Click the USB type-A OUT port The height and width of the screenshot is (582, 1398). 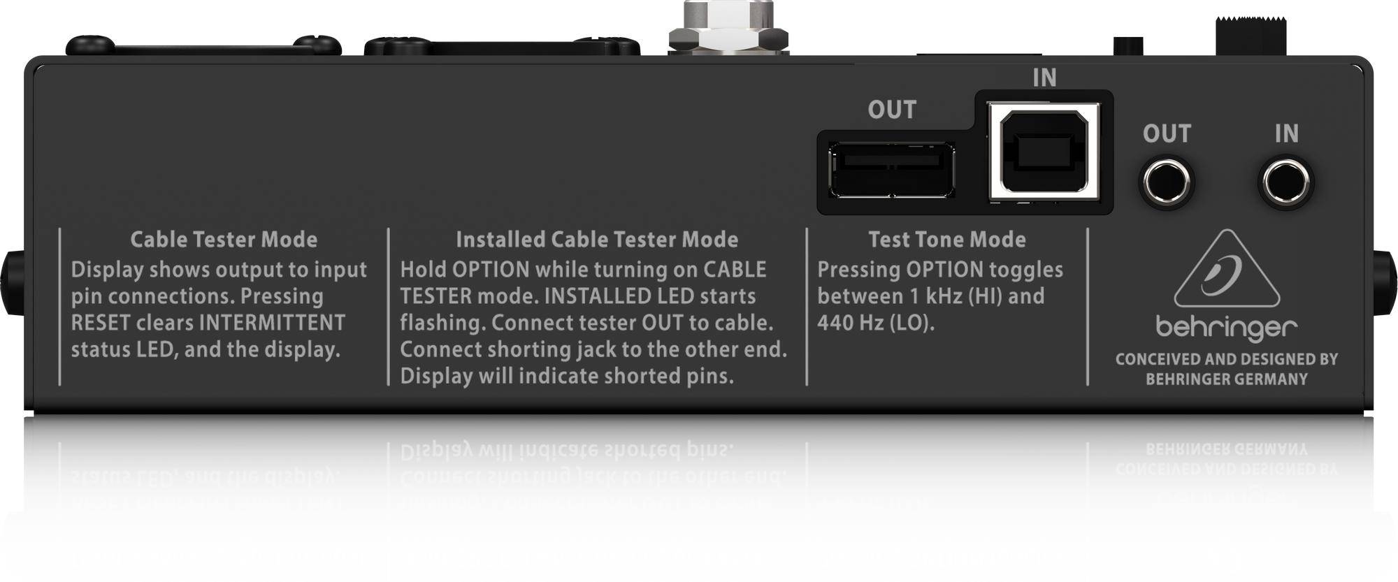coord(892,170)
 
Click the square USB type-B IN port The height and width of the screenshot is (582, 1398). coord(1044,152)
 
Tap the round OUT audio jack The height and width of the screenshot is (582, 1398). coord(1167,183)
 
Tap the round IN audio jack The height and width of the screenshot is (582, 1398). coord(1285,182)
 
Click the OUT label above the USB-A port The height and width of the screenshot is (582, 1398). coord(892,110)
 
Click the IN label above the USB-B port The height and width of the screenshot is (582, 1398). coord(1044,78)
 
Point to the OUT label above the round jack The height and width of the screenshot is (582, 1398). coord(1167,133)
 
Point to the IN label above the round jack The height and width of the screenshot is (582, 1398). coord(1286,133)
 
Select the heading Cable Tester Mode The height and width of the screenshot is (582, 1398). coord(224,240)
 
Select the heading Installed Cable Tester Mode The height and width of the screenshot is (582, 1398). coord(597,240)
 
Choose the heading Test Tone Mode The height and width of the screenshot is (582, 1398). coord(947,240)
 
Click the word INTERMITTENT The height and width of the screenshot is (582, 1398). coord(272,323)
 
